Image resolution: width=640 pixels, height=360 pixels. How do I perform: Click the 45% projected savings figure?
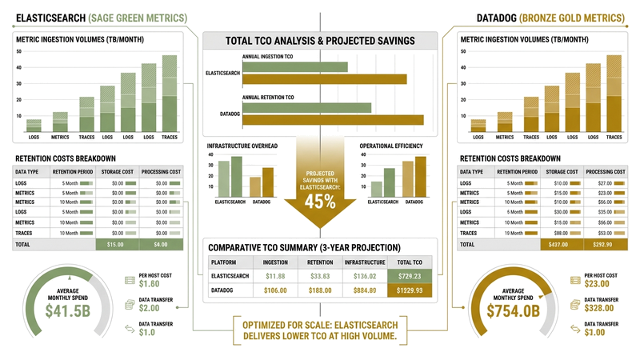point(320,202)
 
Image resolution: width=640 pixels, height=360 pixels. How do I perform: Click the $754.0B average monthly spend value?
point(514,307)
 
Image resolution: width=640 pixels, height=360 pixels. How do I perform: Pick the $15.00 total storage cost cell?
point(117,244)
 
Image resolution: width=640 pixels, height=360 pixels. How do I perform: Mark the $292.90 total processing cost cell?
point(604,244)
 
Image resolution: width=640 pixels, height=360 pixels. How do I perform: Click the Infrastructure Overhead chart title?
point(242,146)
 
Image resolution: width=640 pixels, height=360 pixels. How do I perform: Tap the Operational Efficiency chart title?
point(396,146)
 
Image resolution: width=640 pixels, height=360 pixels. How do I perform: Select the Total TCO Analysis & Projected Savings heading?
point(320,41)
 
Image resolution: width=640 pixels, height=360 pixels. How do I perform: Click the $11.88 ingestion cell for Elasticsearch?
point(275,276)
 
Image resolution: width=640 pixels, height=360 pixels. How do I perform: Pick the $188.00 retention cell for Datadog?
point(319,290)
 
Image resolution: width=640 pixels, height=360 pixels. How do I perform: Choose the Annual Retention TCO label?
point(268,97)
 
